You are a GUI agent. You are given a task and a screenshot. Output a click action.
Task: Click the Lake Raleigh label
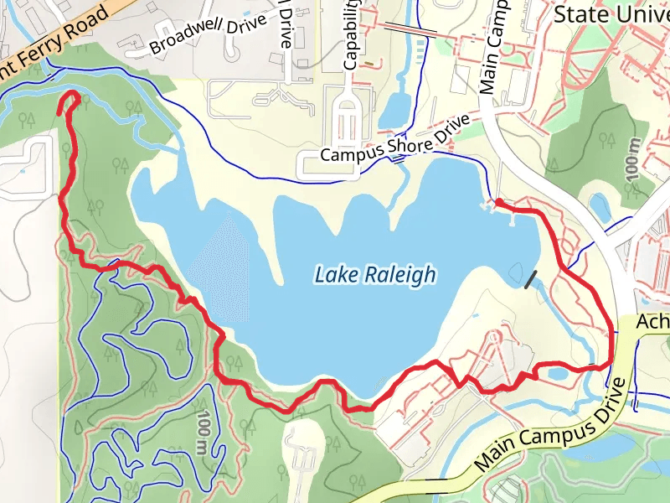tap(375, 274)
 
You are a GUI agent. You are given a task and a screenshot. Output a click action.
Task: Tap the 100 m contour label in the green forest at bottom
tap(204, 433)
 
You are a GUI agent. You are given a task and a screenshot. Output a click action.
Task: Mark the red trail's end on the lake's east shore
tap(498, 202)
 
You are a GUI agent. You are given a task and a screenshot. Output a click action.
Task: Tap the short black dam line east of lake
tap(530, 279)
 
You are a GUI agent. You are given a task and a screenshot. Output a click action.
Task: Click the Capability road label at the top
tap(351, 34)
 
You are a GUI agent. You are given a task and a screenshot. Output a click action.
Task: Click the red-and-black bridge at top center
tap(410, 29)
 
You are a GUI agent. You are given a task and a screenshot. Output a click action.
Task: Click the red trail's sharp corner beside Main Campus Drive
tap(609, 365)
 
